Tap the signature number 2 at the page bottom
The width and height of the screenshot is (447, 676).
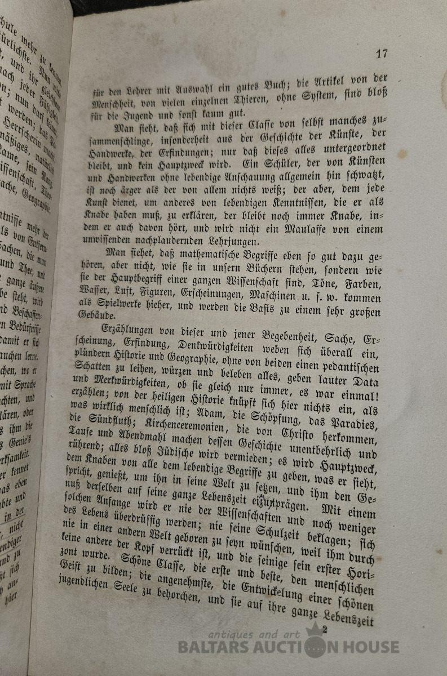pyautogui.click(x=325, y=629)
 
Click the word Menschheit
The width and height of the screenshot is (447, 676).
pyautogui.click(x=114, y=104)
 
